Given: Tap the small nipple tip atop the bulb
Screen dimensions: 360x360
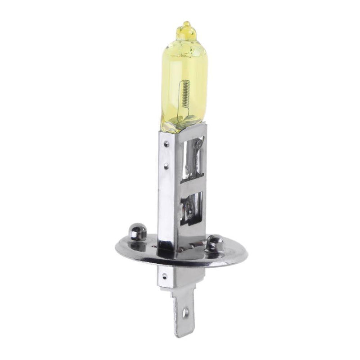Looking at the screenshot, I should pos(186,24).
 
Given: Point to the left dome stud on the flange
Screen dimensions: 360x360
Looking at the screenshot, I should pos(137,232).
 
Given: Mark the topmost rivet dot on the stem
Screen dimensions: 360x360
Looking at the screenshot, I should pos(167,144).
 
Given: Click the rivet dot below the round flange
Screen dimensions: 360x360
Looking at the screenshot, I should pos(164,275).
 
